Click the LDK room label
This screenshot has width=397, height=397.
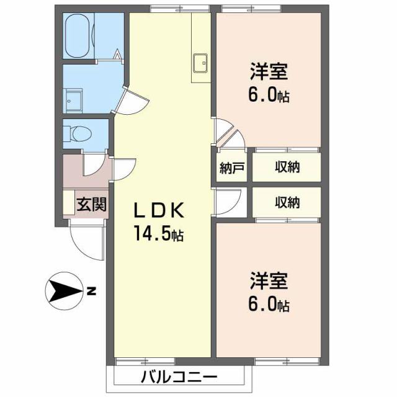tap(158, 212)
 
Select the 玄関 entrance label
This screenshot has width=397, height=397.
tap(91, 204)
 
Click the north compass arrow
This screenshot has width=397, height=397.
tap(64, 291)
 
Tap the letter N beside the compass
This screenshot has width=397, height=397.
tap(91, 290)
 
